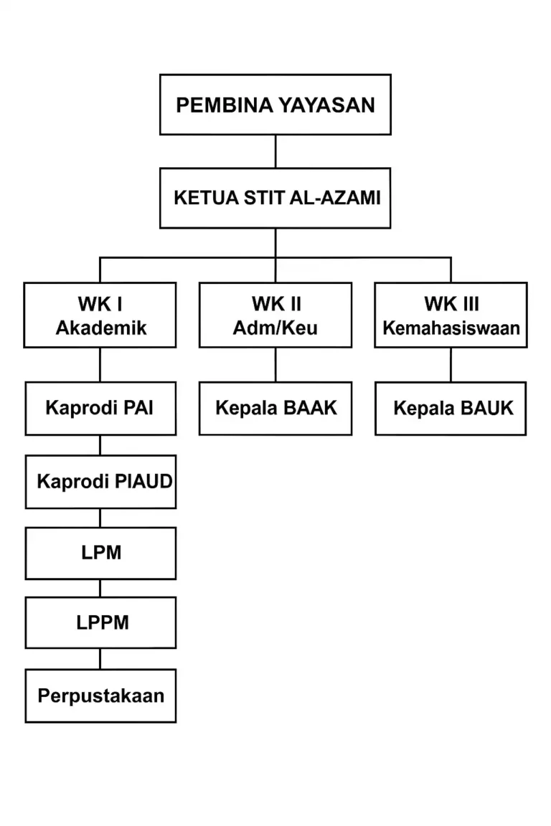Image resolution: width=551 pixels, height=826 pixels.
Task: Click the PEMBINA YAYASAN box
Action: click(x=275, y=105)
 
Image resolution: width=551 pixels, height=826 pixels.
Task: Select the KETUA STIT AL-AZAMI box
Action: click(x=275, y=198)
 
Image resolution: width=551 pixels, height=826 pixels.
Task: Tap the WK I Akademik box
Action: click(x=100, y=315)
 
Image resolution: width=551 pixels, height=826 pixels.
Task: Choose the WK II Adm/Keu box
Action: click(x=275, y=315)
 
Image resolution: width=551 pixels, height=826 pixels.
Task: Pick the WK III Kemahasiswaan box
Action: click(x=451, y=315)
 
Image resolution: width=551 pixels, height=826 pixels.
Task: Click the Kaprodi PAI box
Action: click(x=100, y=408)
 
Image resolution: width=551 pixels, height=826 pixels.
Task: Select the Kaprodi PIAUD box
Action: click(x=100, y=481)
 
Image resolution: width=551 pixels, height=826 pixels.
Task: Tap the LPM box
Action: click(x=100, y=553)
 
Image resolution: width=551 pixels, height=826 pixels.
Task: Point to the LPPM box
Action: click(x=100, y=622)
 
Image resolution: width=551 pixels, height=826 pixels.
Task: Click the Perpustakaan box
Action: click(x=100, y=696)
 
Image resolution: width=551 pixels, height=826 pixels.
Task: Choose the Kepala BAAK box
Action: click(x=275, y=408)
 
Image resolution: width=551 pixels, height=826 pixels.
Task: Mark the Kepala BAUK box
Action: click(x=451, y=408)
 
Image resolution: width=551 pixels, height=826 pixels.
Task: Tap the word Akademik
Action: click(x=101, y=328)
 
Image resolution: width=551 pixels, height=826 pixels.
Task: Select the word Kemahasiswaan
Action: click(x=451, y=328)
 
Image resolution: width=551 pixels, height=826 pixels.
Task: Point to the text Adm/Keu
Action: click(x=275, y=328)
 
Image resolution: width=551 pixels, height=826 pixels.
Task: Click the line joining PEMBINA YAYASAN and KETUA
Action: click(x=275, y=151)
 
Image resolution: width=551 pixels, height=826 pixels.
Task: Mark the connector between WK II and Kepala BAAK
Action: click(x=275, y=365)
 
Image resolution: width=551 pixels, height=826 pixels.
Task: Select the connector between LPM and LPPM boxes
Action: click(x=100, y=588)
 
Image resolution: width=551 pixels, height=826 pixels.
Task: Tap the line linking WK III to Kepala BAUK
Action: click(x=451, y=365)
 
